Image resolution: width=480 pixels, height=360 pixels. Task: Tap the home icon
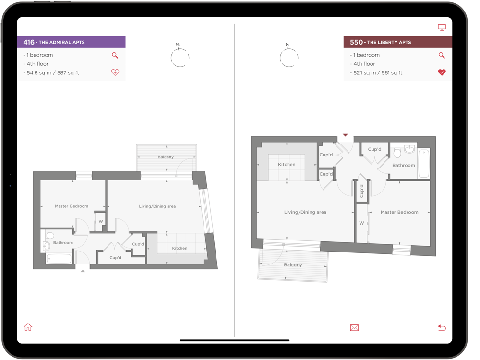click(28, 327)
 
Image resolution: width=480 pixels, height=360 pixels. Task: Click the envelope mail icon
click(354, 328)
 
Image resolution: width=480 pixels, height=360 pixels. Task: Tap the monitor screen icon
click(442, 27)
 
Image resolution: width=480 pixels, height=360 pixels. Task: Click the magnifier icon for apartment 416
click(115, 55)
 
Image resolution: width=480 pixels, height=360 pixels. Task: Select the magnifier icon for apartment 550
click(442, 55)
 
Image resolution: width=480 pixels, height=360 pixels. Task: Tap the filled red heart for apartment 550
click(442, 72)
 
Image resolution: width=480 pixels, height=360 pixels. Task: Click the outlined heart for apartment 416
click(115, 72)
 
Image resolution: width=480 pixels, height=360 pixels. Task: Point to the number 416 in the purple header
click(29, 42)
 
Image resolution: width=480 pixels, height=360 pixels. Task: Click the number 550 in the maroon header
click(356, 42)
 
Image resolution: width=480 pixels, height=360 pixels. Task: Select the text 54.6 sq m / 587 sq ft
click(53, 73)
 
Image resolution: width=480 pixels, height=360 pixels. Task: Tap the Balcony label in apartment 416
click(166, 157)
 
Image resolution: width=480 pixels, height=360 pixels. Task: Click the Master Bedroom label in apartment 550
click(399, 212)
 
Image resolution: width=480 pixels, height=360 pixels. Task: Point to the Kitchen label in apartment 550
click(287, 164)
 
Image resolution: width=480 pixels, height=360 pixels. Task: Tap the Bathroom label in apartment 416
click(63, 243)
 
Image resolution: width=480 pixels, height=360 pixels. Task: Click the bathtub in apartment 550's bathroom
click(424, 163)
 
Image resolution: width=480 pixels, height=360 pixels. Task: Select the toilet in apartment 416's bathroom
click(49, 235)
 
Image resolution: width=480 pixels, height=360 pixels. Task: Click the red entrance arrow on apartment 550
click(345, 135)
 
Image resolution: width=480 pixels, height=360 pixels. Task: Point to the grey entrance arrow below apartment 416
click(83, 271)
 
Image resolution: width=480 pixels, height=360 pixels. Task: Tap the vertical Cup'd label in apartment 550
click(361, 191)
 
